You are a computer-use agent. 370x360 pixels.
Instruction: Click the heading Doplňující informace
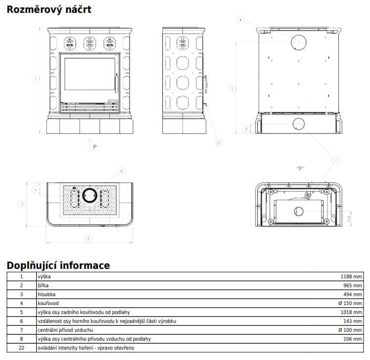coord(58,265)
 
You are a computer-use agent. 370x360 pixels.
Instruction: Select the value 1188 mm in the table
coord(351,276)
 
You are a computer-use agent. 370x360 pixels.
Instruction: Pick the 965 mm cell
coord(353,285)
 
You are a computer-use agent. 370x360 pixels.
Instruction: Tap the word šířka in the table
coord(44,285)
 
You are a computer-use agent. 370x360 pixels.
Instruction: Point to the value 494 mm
coord(353,294)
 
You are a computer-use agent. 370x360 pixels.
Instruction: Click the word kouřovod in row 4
coord(48,303)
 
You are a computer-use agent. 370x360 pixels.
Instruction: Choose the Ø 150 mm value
coord(350,303)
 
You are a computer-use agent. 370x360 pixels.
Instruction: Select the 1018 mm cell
coord(351,312)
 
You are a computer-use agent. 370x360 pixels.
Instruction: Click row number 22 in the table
coord(21,348)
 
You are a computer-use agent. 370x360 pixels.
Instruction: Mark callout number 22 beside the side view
coord(219,143)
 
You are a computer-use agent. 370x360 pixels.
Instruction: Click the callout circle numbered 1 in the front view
coord(35,77)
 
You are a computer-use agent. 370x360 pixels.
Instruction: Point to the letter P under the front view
coord(94,147)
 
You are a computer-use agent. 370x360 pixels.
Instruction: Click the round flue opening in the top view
coord(90,195)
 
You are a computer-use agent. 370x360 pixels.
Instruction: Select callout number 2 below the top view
coord(89,238)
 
